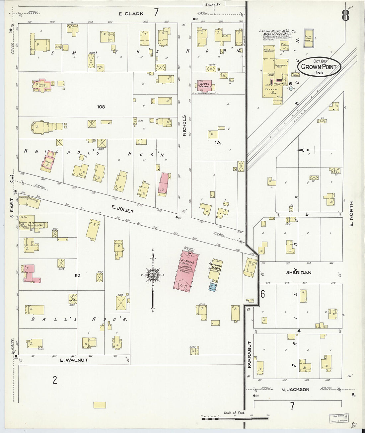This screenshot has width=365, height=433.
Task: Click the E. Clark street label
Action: (x=132, y=14)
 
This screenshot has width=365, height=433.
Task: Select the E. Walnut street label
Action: (x=74, y=360)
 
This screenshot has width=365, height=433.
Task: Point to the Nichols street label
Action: (x=184, y=126)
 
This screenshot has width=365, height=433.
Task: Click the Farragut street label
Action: (x=249, y=354)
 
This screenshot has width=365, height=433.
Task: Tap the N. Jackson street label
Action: (x=295, y=390)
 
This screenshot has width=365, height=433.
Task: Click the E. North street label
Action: (x=351, y=214)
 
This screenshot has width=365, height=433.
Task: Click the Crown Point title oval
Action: (x=319, y=67)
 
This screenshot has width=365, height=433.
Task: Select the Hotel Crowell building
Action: (x=206, y=85)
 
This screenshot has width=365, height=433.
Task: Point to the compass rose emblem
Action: (x=153, y=275)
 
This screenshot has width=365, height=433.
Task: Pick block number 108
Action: (x=101, y=107)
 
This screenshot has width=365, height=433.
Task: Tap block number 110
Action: (x=77, y=275)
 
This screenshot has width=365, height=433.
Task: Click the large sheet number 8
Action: (x=345, y=15)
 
